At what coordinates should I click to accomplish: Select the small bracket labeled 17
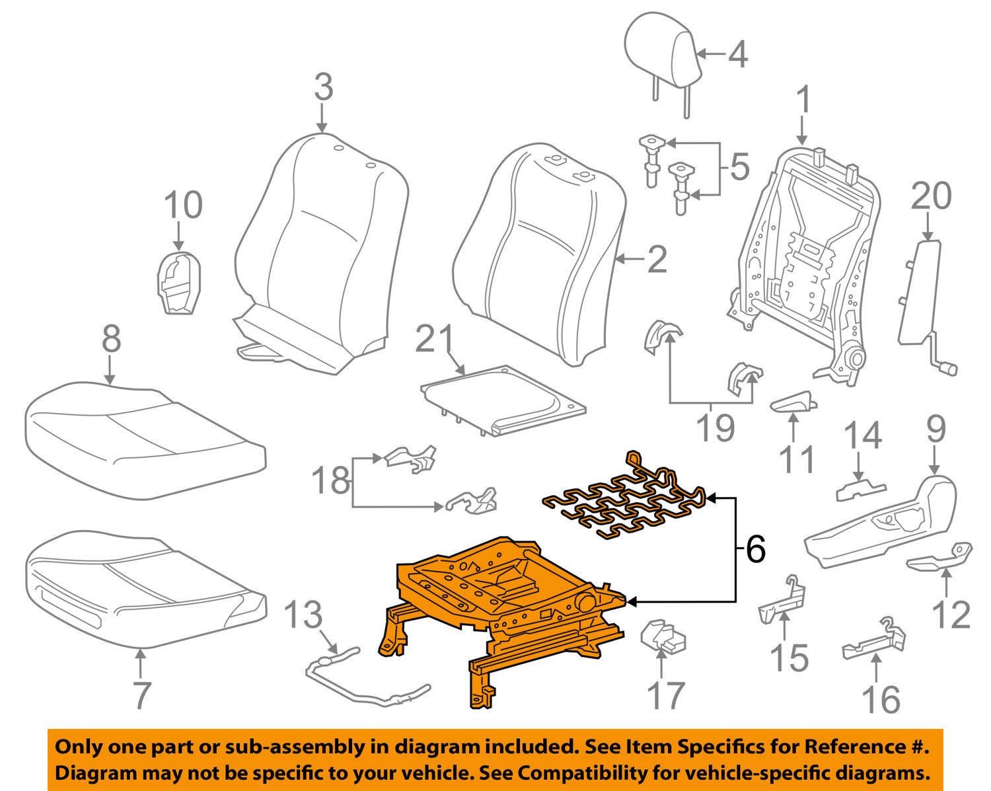coord(663,636)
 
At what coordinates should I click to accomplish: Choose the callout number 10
coord(183,205)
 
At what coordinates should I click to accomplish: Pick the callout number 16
coord(881,699)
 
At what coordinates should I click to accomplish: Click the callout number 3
coord(323,88)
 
